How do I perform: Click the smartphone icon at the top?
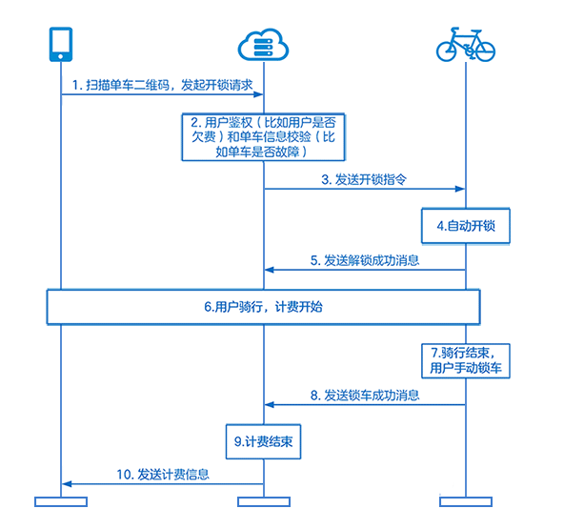60,45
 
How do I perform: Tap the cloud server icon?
263,45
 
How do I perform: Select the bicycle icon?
465,45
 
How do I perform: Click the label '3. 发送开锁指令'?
365,178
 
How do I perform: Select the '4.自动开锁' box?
466,227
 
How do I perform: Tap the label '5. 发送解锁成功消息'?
365,260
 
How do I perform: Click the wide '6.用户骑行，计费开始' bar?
264,308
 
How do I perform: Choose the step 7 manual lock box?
466,360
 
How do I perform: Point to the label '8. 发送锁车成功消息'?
365,395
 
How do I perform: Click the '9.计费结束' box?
264,442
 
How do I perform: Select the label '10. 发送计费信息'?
163,474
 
